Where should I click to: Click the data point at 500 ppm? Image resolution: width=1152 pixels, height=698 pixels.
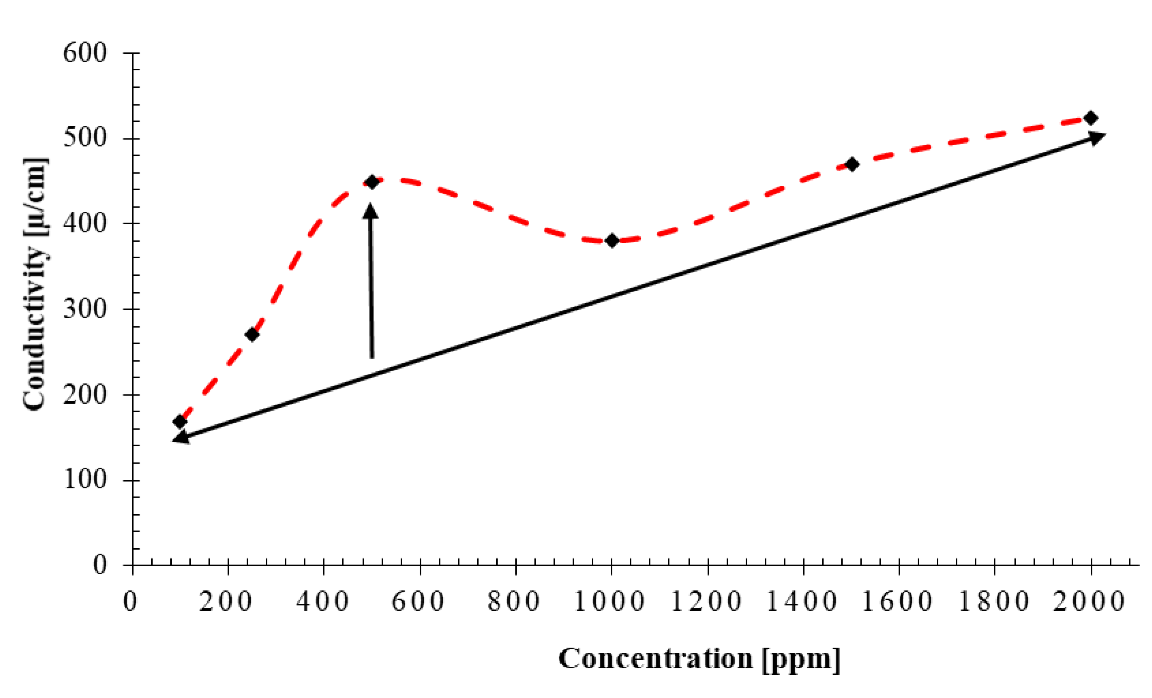pos(372,182)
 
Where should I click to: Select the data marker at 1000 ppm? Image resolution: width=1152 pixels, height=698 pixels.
pos(612,241)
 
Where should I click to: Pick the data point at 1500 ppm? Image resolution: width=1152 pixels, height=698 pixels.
pos(852,164)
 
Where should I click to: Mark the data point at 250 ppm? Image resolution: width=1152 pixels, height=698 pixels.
pos(252,335)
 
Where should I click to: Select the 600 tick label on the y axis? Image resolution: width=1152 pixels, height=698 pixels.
pos(85,53)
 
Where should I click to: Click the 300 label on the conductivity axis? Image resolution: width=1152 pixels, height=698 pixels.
pos(85,309)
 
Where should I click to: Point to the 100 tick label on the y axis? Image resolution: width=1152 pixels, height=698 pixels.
pos(85,480)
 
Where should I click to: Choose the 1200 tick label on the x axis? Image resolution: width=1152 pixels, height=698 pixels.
pos(706,602)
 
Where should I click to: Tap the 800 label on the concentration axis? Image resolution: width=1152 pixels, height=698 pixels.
pos(514,602)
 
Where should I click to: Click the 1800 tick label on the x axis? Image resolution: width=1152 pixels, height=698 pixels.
pos(994,602)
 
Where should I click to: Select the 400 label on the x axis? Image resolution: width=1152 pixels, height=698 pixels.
pos(323,602)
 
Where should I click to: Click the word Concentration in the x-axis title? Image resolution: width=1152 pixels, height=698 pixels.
pos(655,659)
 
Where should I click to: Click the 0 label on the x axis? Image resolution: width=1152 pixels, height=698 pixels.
pos(130,602)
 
